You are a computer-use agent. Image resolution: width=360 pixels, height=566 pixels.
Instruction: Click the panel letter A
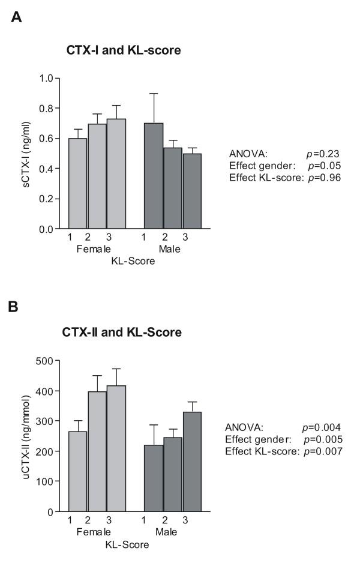(17, 17)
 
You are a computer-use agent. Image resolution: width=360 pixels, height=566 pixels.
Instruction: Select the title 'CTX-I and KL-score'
(124, 52)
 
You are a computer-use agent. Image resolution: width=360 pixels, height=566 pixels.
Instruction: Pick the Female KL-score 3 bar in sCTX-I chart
(116, 174)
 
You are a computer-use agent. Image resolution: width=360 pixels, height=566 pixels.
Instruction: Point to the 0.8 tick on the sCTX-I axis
(57, 108)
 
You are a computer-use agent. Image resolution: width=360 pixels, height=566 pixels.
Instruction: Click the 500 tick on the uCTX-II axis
(57, 361)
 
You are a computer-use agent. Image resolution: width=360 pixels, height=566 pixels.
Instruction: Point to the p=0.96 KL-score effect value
(324, 177)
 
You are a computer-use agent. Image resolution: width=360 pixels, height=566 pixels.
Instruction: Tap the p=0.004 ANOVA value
(322, 427)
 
